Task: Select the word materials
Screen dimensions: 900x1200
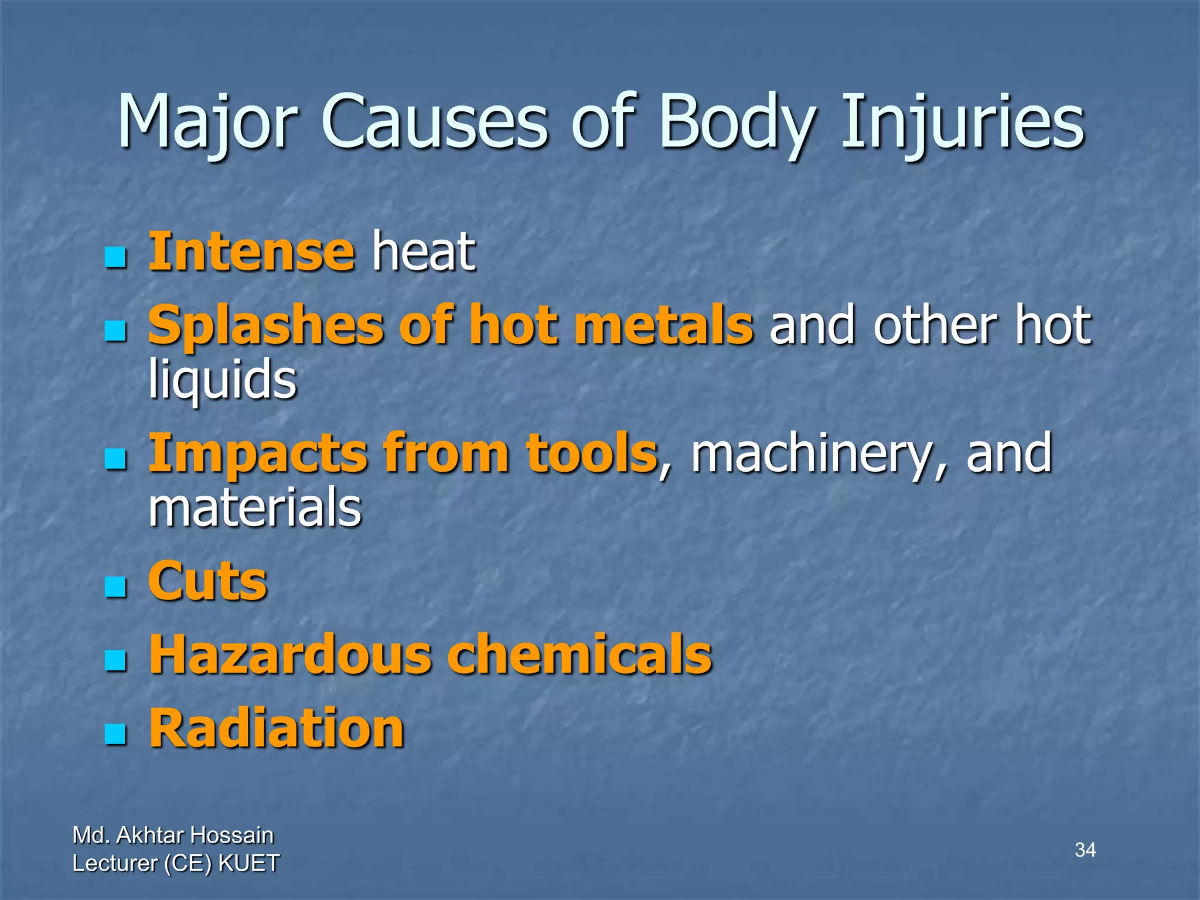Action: point(255,507)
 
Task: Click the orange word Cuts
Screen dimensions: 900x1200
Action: point(207,581)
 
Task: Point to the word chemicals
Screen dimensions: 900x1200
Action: point(579,654)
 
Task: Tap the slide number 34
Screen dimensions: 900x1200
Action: point(1085,850)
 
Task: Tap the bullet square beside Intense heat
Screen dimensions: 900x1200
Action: point(115,257)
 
